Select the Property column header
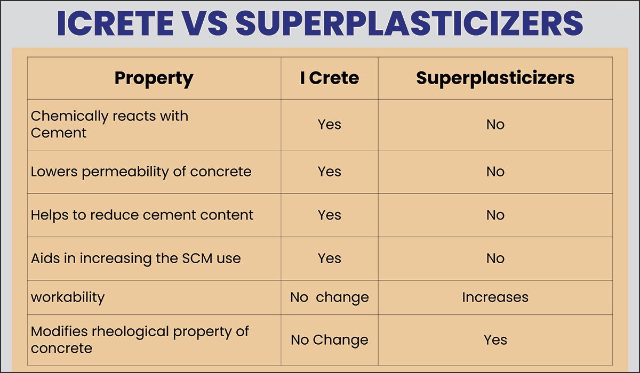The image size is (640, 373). (x=154, y=78)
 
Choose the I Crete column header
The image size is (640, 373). (x=329, y=78)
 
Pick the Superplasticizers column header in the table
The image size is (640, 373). (x=495, y=78)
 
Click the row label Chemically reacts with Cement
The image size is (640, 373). (x=109, y=124)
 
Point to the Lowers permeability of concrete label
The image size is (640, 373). (x=141, y=172)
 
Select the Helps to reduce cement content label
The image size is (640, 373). (x=142, y=215)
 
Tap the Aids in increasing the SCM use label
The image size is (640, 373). (x=135, y=258)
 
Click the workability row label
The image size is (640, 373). (x=67, y=297)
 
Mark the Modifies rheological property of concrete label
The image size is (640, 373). (x=140, y=339)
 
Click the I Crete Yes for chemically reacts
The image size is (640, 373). (x=329, y=124)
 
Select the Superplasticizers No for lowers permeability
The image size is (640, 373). (x=495, y=172)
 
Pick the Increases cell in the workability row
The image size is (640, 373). (x=495, y=297)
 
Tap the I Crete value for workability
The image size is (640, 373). (x=329, y=297)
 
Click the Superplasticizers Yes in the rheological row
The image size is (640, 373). (x=495, y=339)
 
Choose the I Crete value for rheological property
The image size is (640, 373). (x=329, y=339)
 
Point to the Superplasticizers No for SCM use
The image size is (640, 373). (x=495, y=258)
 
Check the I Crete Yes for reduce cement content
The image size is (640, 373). (x=329, y=215)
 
